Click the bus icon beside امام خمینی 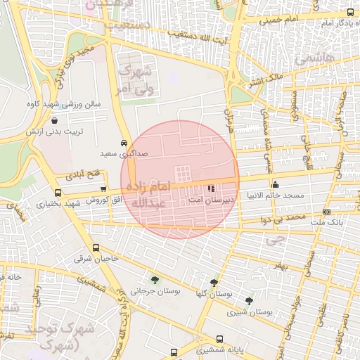(x=351, y=12)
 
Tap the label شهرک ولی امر (x=136, y=79)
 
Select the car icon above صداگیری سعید (x=124, y=141)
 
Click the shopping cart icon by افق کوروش (x=104, y=188)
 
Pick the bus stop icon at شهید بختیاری (x=58, y=193)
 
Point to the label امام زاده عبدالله (x=147, y=195)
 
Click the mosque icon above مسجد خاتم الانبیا (x=275, y=184)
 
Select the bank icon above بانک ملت (x=326, y=212)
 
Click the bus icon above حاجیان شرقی (x=96, y=247)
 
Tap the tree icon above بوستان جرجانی (x=155, y=281)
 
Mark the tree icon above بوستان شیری (x=249, y=301)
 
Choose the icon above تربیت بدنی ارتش (x=54, y=120)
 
